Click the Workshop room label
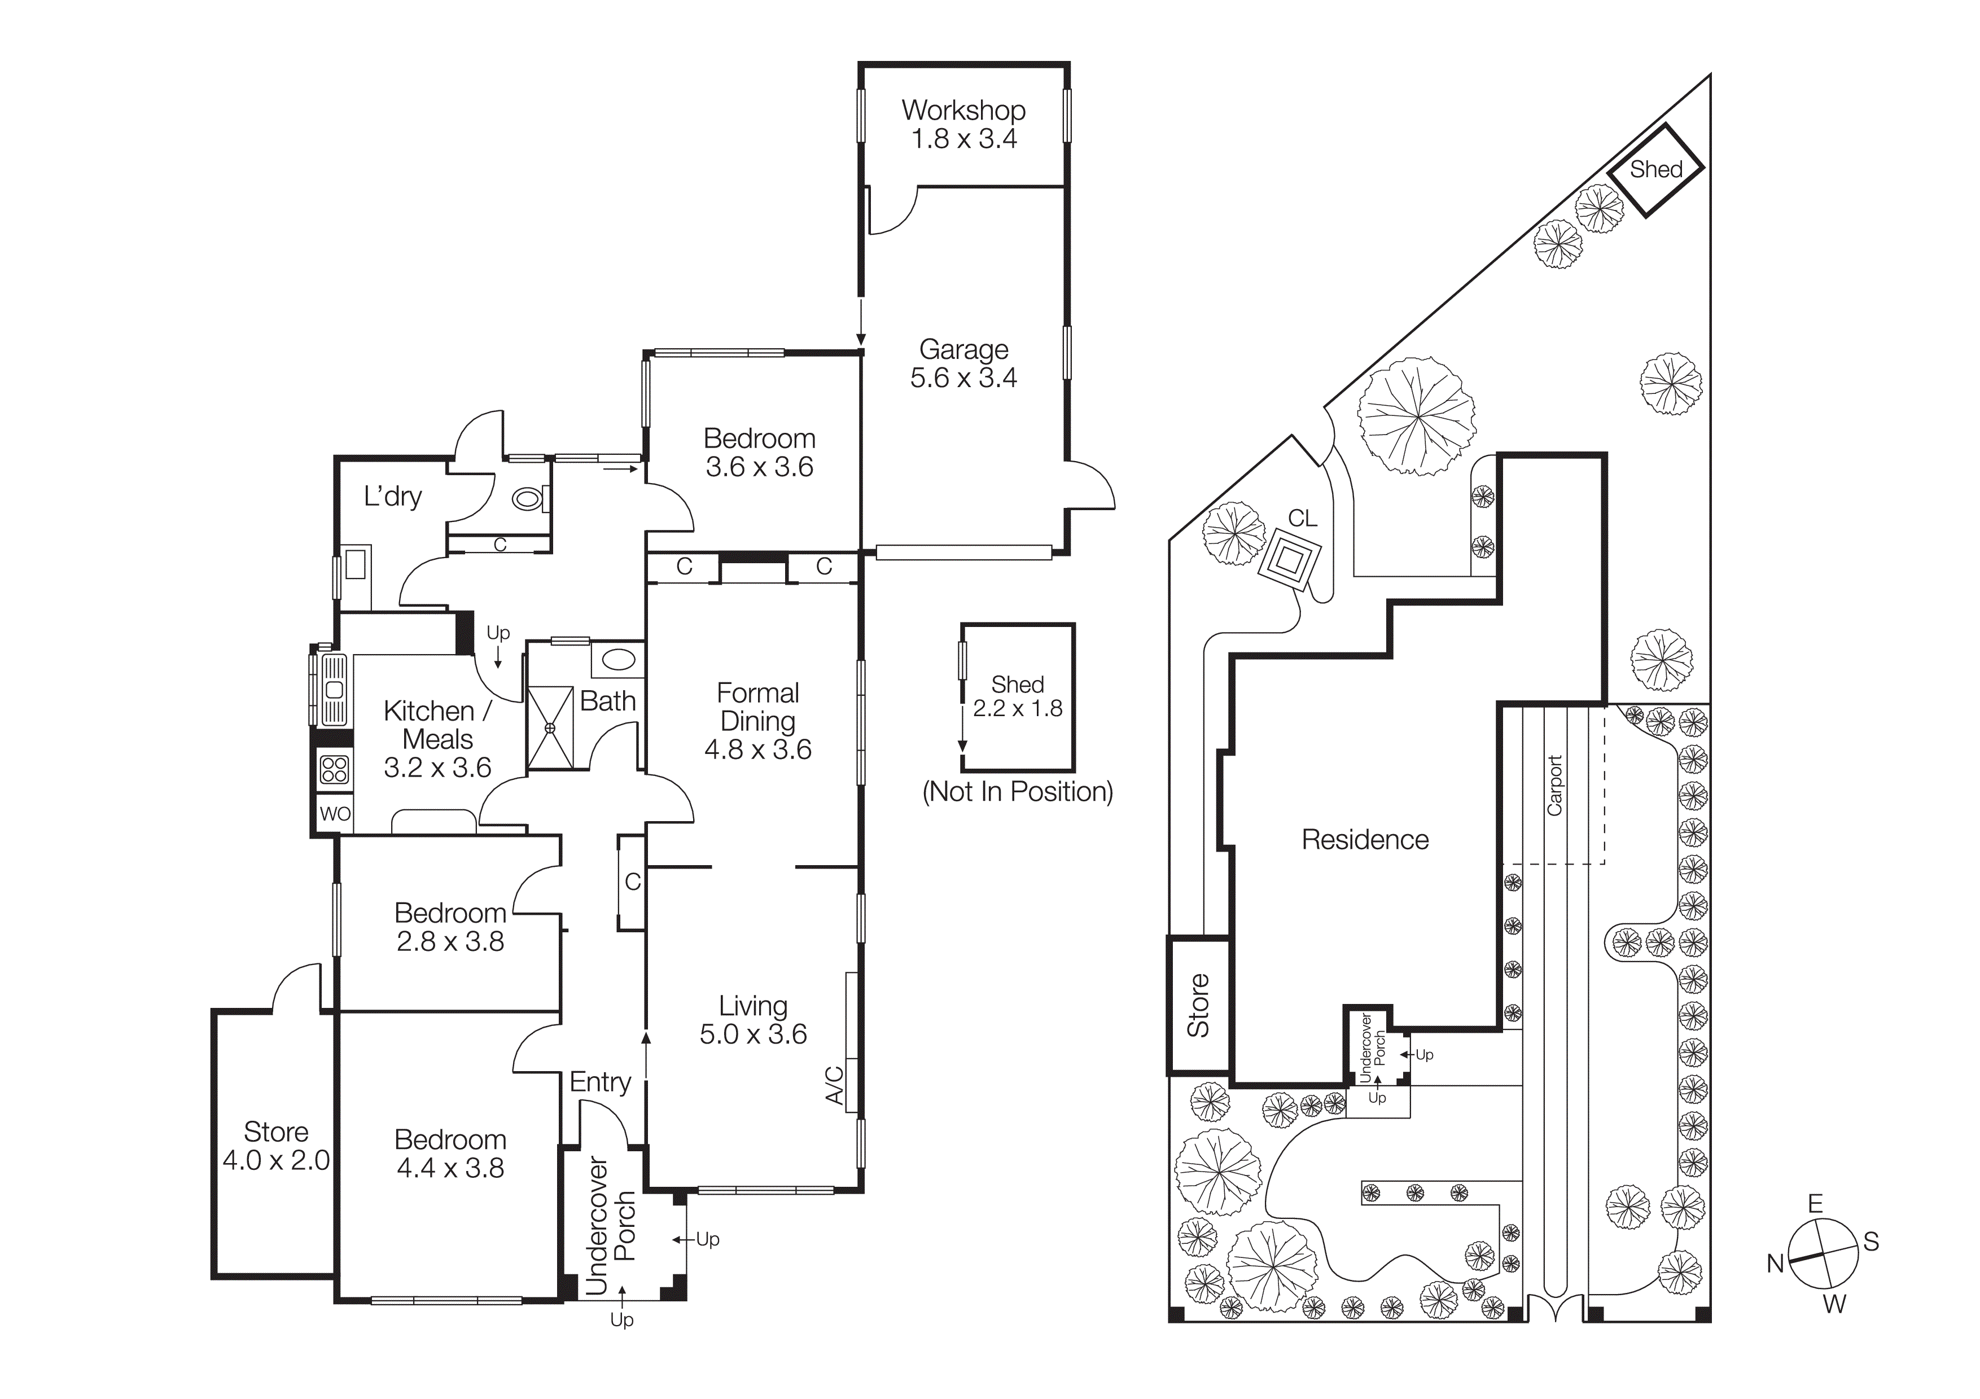[x=963, y=111]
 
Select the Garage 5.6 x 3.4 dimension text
[x=963, y=378]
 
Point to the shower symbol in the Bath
[x=550, y=727]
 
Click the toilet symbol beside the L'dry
[x=526, y=498]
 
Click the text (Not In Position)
[x=1018, y=791]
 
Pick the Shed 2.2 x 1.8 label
[x=1018, y=696]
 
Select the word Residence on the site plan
[x=1364, y=840]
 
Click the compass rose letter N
[x=1775, y=1264]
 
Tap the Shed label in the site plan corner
[x=1656, y=170]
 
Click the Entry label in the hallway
[x=600, y=1082]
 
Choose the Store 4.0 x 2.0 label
[x=276, y=1146]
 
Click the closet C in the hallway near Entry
[x=632, y=882]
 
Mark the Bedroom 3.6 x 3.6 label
[x=759, y=453]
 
